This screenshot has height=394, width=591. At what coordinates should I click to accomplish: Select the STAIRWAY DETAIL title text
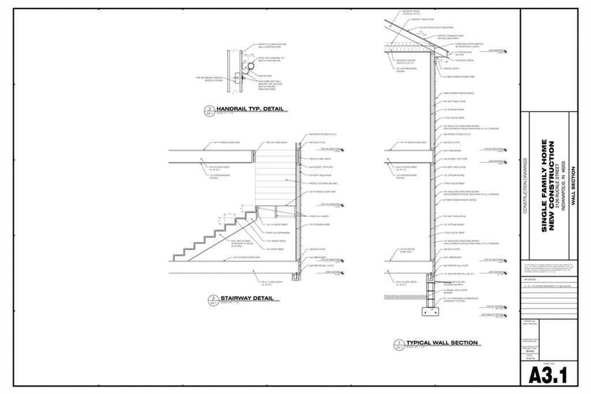[246, 299]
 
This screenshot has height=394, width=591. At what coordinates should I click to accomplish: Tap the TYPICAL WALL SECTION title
[442, 343]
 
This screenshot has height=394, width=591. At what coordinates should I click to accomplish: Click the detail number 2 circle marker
[212, 300]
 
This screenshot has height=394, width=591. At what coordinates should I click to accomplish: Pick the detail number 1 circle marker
[398, 344]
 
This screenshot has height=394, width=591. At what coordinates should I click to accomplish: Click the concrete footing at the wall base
[431, 312]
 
